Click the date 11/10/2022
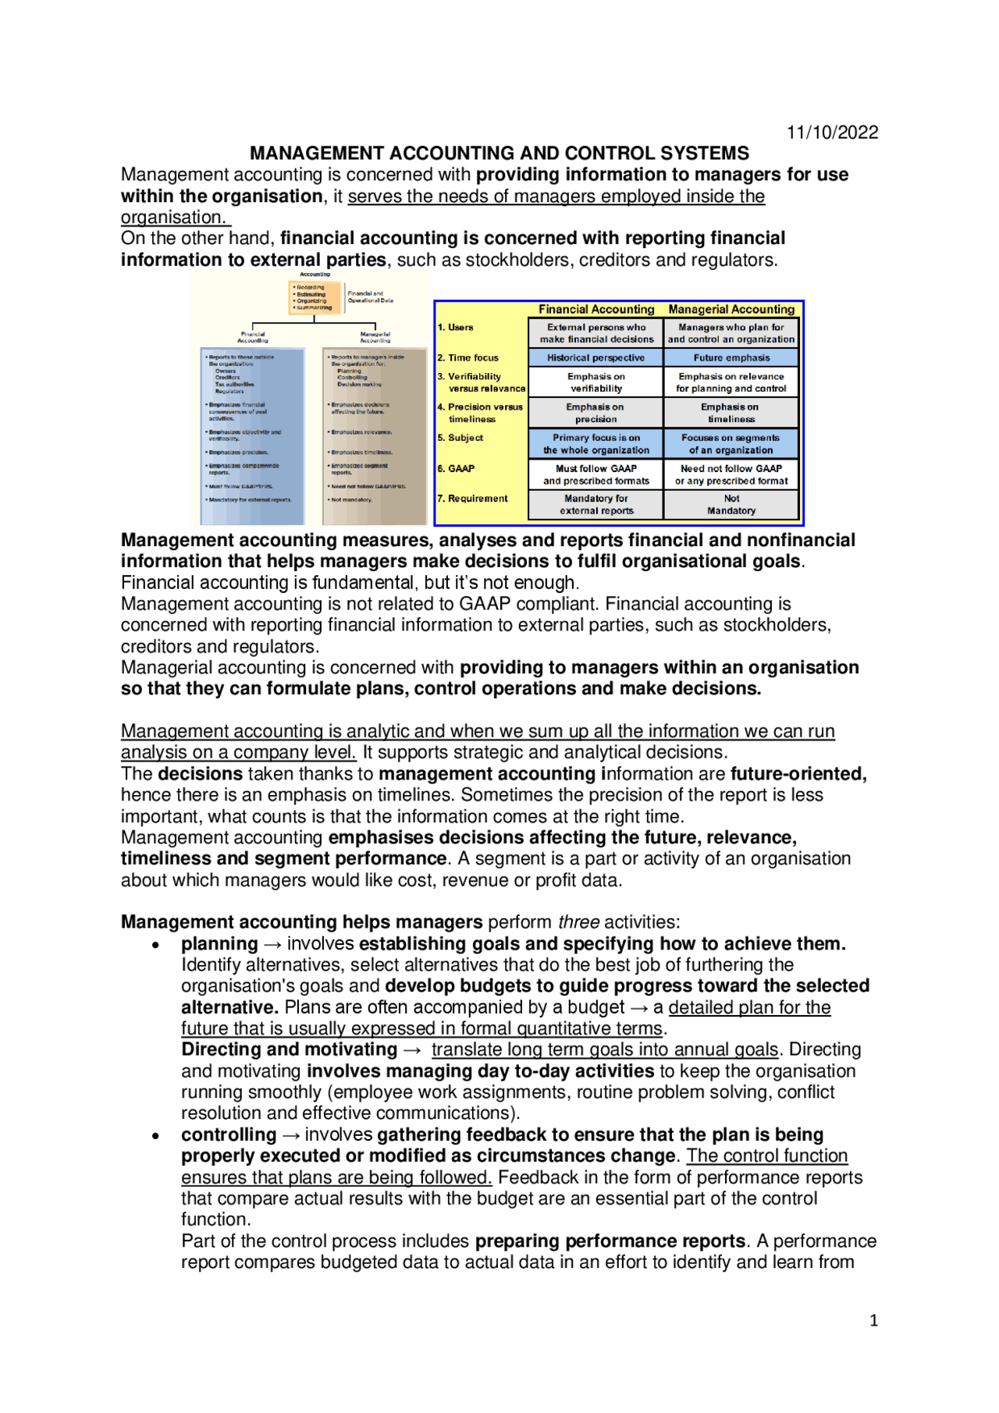pos(832,132)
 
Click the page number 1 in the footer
pos(873,1320)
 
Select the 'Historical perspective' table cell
pos(595,357)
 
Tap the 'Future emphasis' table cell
pos(731,357)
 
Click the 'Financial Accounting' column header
pos(596,309)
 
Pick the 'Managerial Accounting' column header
pos(731,309)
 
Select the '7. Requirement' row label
pos(472,498)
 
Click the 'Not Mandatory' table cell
pos(731,504)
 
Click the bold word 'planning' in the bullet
pos(219,943)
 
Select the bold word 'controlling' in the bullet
pos(229,1134)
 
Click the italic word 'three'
pos(578,922)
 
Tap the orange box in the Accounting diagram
pos(315,297)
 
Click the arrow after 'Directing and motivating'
pos(413,1050)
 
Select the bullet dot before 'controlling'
pos(156,1136)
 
